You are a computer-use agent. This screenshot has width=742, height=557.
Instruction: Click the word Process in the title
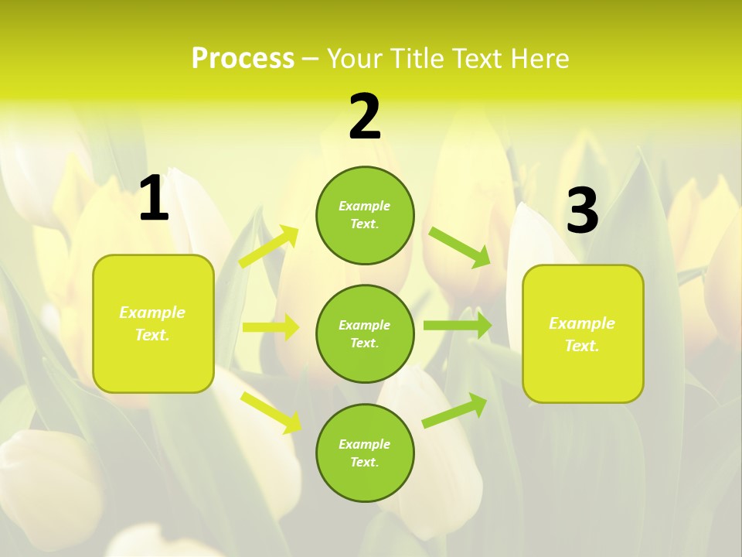point(243,59)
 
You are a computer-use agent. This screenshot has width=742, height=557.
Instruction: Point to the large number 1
point(154,199)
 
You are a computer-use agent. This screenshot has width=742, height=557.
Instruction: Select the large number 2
point(365,117)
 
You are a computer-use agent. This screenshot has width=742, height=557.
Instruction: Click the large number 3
point(582,211)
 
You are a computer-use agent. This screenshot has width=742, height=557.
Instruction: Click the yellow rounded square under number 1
point(153,323)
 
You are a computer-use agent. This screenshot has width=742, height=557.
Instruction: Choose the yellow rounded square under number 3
point(583,334)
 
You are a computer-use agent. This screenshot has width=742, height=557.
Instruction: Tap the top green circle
point(365,215)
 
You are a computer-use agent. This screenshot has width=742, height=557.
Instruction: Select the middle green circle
point(365,334)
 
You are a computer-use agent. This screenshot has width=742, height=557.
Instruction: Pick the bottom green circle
point(365,453)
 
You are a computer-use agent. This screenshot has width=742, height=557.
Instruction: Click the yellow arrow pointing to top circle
point(268,247)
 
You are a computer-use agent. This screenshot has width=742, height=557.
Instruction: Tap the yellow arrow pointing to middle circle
point(270,327)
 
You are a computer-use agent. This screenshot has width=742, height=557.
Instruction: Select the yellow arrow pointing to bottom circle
point(271,412)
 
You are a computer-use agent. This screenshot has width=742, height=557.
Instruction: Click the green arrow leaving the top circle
point(459,247)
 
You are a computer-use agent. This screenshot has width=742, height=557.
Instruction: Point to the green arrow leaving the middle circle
point(457,326)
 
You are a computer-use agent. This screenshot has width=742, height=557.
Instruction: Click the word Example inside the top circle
point(365,206)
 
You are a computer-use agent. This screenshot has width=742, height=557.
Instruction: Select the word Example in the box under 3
point(582,323)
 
